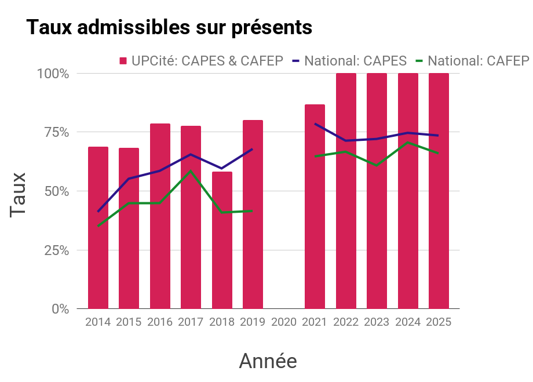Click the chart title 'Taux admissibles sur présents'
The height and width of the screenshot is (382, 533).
click(169, 27)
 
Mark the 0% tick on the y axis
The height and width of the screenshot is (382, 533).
click(60, 309)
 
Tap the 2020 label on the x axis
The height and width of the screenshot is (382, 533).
click(284, 322)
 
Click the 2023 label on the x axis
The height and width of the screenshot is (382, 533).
click(377, 322)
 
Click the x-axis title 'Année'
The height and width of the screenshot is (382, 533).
click(268, 361)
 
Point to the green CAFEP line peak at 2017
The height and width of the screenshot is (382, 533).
click(191, 171)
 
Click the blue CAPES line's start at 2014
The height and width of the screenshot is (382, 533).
click(98, 212)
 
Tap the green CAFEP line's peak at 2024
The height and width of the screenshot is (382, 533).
click(408, 142)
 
